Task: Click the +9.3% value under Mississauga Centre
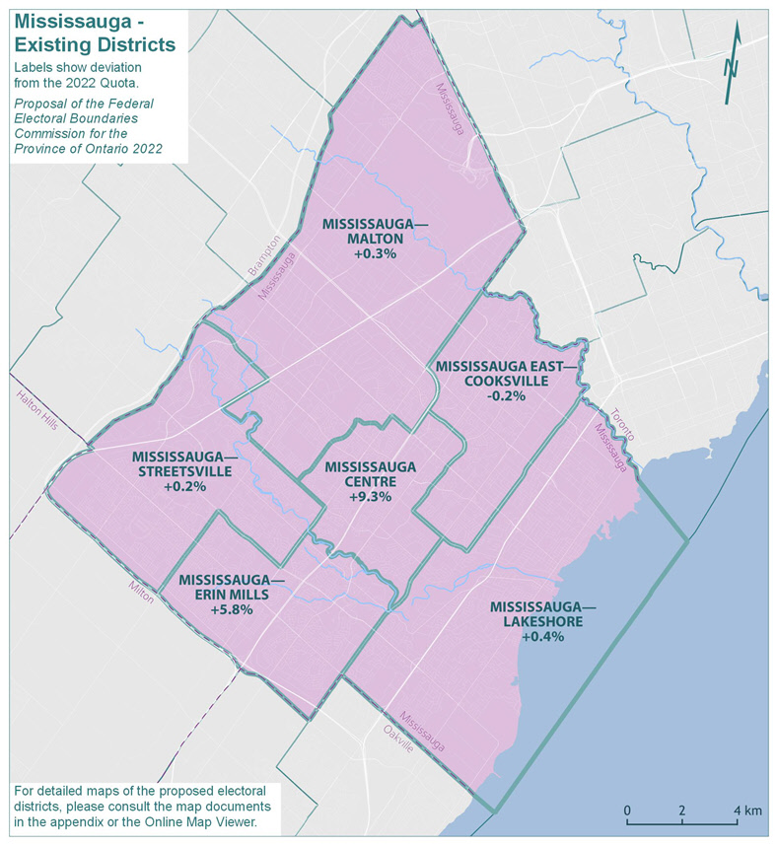pyautogui.click(x=370, y=498)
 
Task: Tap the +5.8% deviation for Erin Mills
pyautogui.click(x=232, y=610)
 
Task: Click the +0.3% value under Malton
pyautogui.click(x=375, y=253)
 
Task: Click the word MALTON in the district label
pyautogui.click(x=375, y=239)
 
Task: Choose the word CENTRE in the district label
pyautogui.click(x=370, y=482)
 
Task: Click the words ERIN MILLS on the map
pyautogui.click(x=232, y=596)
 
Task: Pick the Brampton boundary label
pyautogui.click(x=265, y=255)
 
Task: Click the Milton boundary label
pyautogui.click(x=141, y=592)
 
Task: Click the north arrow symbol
pyautogui.click(x=732, y=65)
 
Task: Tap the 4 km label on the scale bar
pyautogui.click(x=746, y=811)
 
